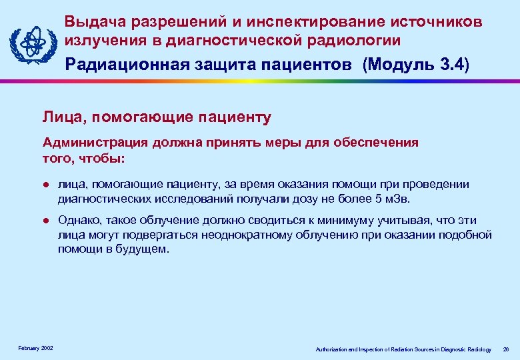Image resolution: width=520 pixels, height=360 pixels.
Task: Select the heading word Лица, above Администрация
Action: [x=65, y=118]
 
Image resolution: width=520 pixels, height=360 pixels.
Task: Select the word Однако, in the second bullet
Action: [x=79, y=220]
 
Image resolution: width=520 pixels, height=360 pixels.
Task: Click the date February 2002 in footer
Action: [x=35, y=349]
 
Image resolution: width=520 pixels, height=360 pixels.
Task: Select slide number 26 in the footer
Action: [x=505, y=349]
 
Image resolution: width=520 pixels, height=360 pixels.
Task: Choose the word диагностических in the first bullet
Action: [x=99, y=198]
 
